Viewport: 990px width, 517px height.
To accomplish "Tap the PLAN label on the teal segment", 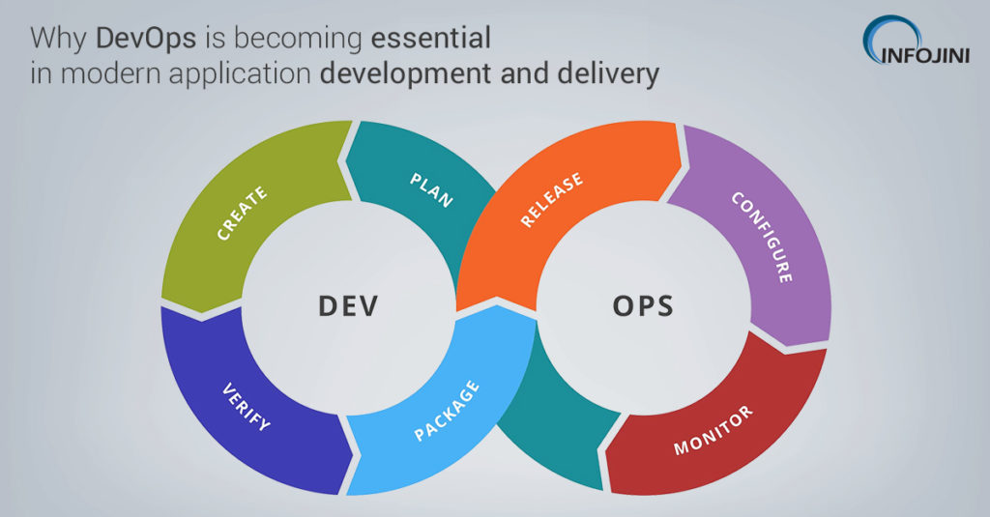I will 431,188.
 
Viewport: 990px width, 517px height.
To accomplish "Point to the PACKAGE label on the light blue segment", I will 447,411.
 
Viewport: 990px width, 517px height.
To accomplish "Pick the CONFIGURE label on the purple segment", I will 762,237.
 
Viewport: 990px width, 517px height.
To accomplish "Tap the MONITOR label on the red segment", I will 713,431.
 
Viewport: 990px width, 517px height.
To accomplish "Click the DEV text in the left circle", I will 348,306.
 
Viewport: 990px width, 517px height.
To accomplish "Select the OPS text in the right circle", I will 643,306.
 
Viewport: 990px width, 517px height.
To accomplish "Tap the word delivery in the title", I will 603,73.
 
